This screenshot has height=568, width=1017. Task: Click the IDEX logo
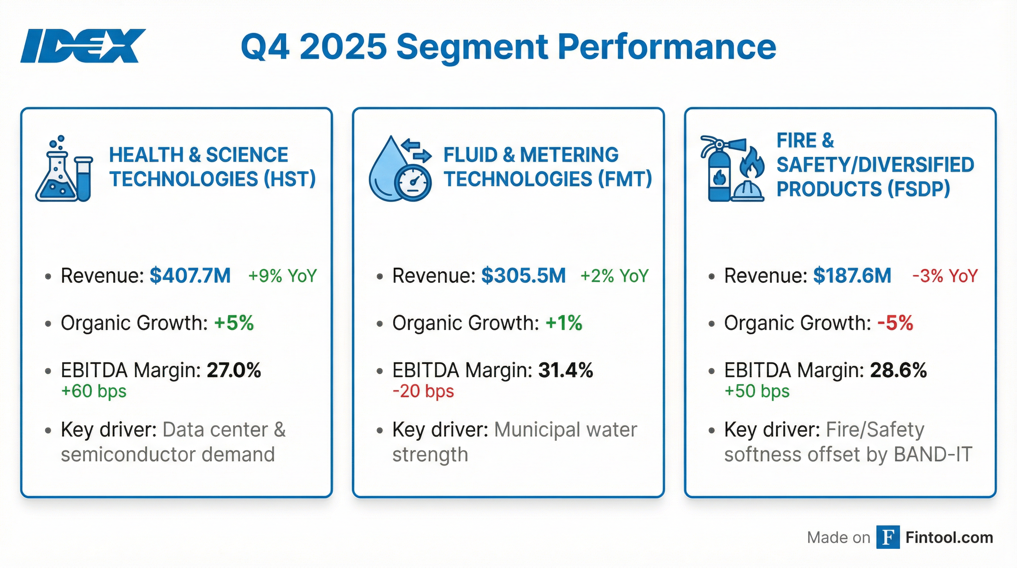(83, 46)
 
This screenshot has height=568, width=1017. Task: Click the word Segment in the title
(472, 47)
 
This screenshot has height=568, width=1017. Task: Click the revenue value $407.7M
(190, 275)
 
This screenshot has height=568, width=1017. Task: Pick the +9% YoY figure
(282, 276)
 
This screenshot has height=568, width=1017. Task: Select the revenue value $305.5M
(523, 275)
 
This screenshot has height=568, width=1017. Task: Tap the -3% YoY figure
(945, 276)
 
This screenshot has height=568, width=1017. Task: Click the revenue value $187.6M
(852, 275)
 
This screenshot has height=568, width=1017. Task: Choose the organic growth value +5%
(234, 323)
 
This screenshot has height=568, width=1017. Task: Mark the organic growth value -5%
(895, 323)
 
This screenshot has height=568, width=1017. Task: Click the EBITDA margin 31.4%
(565, 370)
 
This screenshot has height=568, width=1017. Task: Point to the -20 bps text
(423, 391)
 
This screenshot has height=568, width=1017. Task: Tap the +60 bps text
(94, 391)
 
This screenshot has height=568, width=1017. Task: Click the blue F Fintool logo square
(888, 537)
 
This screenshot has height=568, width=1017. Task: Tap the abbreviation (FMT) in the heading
(625, 179)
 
